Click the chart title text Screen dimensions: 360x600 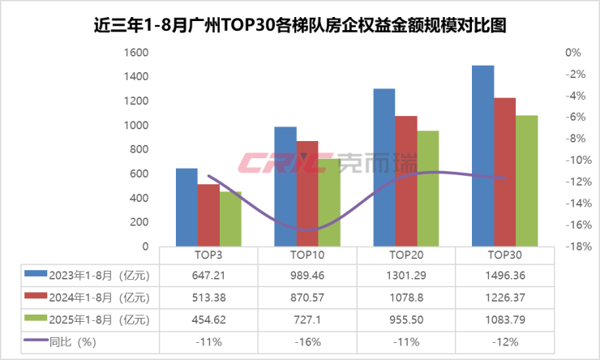(x=300, y=24)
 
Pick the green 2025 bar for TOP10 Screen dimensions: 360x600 (x=329, y=203)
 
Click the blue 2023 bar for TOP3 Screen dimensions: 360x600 (x=186, y=207)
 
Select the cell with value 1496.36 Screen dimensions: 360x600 (x=504, y=275)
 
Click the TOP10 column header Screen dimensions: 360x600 (x=306, y=254)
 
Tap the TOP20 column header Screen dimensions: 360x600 (x=405, y=254)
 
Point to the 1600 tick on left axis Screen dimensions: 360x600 (x=136, y=53)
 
